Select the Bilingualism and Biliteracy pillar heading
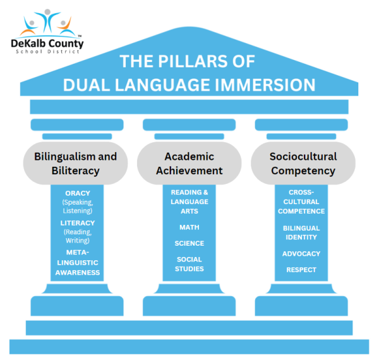(x=76, y=163)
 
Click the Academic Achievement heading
(x=189, y=163)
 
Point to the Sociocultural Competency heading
(x=303, y=163)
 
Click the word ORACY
(x=78, y=193)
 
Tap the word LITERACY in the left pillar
(x=78, y=223)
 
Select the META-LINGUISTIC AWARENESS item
(x=78, y=263)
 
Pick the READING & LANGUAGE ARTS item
(x=189, y=201)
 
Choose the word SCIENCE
(x=189, y=243)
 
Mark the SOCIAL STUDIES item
(x=189, y=264)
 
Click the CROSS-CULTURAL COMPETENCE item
(x=302, y=201)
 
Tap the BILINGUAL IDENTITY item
(x=302, y=232)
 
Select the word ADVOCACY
(x=302, y=254)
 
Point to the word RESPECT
(x=302, y=270)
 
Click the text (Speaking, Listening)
(x=78, y=206)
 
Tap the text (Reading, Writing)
(x=78, y=236)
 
